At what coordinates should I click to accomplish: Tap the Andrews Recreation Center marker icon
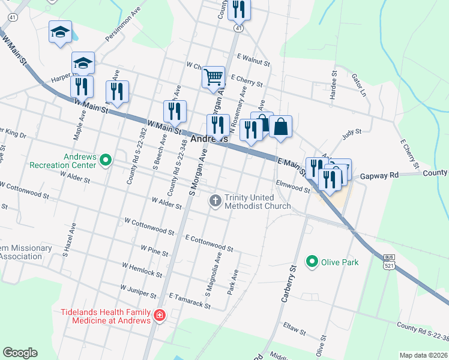[106, 160]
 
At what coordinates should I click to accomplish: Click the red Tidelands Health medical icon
[160, 315]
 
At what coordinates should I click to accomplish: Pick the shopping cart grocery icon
[214, 77]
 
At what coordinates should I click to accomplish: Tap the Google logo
[20, 353]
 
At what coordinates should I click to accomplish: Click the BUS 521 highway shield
[390, 262]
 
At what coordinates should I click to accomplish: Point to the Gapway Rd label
[379, 176]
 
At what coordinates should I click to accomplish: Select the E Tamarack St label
[190, 301]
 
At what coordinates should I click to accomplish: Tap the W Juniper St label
[138, 292]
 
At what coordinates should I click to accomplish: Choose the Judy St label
[352, 134]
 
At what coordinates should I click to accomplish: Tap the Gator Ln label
[359, 84]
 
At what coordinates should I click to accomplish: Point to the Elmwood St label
[292, 187]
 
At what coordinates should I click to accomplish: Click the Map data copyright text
[423, 355]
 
